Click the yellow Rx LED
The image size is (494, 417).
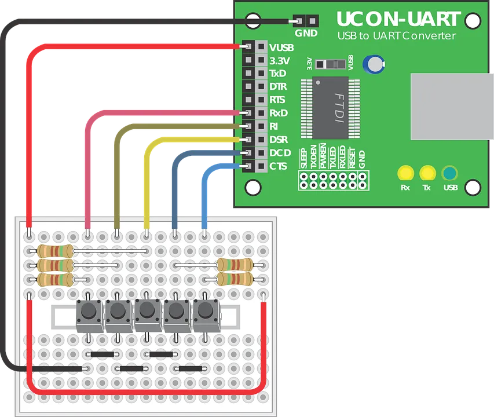(x=405, y=173)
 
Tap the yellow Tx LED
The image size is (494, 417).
(x=427, y=173)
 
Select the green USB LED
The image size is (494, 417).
(x=449, y=173)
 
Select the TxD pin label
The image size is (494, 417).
(x=278, y=74)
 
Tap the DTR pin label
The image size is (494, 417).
(x=278, y=87)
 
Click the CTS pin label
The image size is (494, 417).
(x=278, y=166)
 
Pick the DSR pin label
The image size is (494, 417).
(x=279, y=140)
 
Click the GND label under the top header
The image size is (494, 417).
(x=306, y=34)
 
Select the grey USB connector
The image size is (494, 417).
(x=452, y=107)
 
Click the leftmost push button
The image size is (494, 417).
(x=89, y=313)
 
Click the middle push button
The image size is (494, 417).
(x=147, y=313)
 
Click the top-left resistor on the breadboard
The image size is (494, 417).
(x=55, y=251)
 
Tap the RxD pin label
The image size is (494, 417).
(x=279, y=113)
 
